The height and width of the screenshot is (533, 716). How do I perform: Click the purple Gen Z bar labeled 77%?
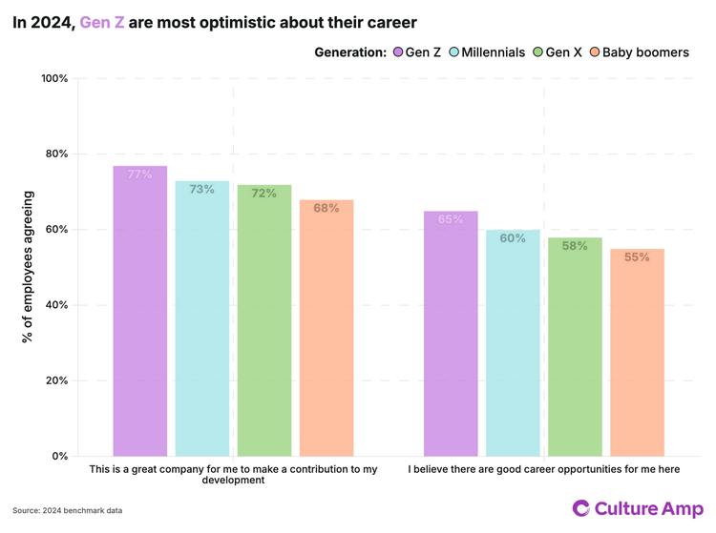pos(139,311)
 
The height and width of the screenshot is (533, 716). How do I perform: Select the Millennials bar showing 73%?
pos(201,318)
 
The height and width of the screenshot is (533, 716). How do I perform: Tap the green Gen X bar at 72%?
pos(264,320)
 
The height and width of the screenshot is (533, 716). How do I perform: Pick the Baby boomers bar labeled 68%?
pos(326,328)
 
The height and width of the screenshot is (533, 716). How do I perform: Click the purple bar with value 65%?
pos(451,334)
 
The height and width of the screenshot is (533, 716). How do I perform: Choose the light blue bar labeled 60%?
pos(513,343)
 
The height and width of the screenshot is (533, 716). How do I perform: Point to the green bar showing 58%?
pos(575,347)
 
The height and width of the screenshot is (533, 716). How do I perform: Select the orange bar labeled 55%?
pos(637,353)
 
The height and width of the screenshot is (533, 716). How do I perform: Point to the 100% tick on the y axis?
pos(54,78)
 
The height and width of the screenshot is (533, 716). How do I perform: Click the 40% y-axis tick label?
pos(56,305)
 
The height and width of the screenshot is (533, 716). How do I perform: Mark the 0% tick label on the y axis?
pos(59,456)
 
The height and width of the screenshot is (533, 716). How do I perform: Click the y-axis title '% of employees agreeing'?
pos(29,267)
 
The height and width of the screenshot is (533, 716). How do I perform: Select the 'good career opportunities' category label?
pos(544,469)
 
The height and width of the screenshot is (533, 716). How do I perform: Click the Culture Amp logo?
pos(637,508)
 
